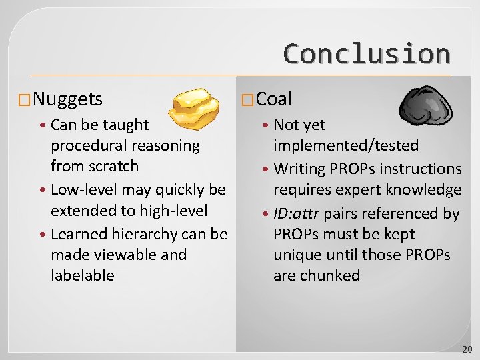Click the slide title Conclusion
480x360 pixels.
point(366,53)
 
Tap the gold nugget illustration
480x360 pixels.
point(193,108)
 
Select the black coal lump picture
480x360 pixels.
point(426,105)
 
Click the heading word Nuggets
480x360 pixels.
point(67,99)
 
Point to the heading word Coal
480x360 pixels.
point(274,99)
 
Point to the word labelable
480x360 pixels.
point(82,275)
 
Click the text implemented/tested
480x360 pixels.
point(346,145)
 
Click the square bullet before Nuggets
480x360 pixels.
point(24,101)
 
